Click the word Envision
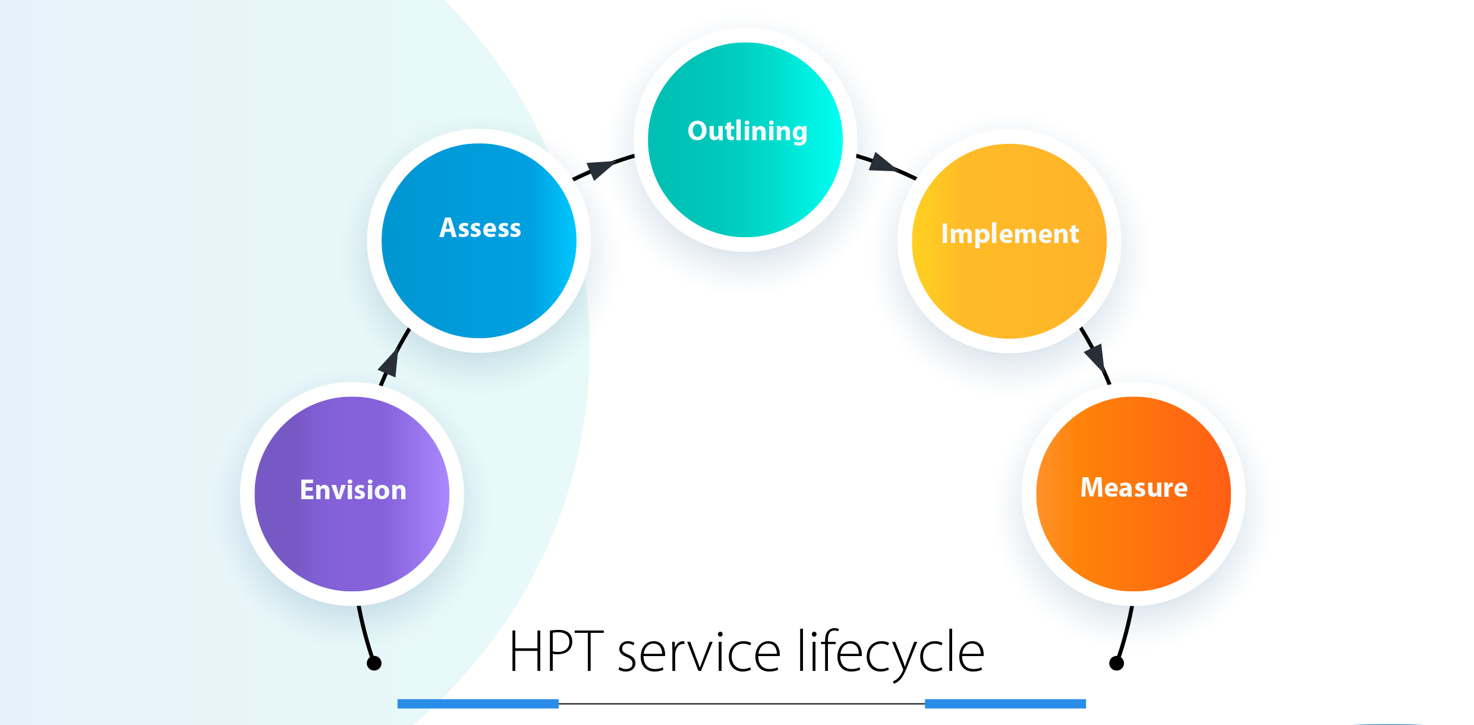(x=353, y=490)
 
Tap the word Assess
(x=480, y=228)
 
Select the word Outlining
(x=747, y=131)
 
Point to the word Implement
(x=1010, y=234)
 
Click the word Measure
(x=1133, y=488)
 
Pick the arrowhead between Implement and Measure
(x=1095, y=357)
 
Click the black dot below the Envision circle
(x=374, y=663)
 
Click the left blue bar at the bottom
(x=478, y=704)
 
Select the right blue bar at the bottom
(x=1005, y=704)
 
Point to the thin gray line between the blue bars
(x=741, y=704)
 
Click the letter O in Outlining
(x=697, y=131)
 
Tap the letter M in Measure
(x=1092, y=487)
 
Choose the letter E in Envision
(x=307, y=490)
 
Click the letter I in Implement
(x=944, y=234)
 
